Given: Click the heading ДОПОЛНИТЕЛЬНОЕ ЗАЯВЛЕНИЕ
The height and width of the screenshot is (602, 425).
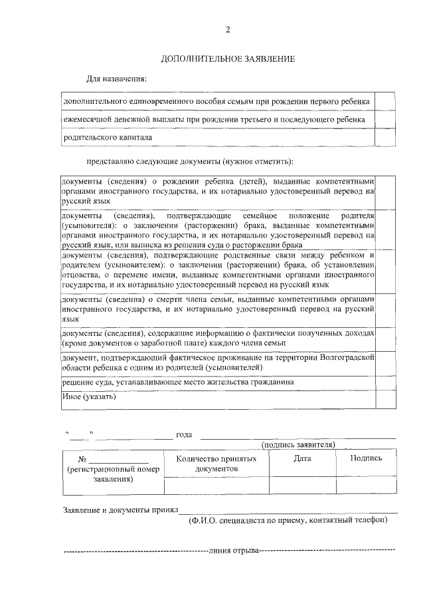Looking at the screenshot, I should pos(228,59).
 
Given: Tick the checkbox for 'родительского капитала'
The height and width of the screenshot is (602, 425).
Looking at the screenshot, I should pos(385,138).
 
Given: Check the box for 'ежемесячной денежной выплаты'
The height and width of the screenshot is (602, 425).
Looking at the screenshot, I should pos(385,119).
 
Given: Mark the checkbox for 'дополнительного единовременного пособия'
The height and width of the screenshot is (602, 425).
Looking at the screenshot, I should pos(385,101).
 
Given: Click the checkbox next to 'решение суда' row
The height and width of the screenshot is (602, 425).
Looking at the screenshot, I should pos(386,382).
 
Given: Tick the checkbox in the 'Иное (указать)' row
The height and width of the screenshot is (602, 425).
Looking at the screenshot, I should pos(386,398).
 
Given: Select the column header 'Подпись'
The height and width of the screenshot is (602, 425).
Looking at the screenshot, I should pos(366,458).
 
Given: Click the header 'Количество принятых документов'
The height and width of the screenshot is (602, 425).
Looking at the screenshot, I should pos(216,464).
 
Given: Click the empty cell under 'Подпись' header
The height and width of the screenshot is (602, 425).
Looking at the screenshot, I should pos(366,486).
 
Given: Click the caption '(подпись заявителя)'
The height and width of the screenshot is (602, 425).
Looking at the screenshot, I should pos(298,444).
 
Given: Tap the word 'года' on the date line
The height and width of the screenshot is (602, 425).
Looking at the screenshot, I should pos(184,435).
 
